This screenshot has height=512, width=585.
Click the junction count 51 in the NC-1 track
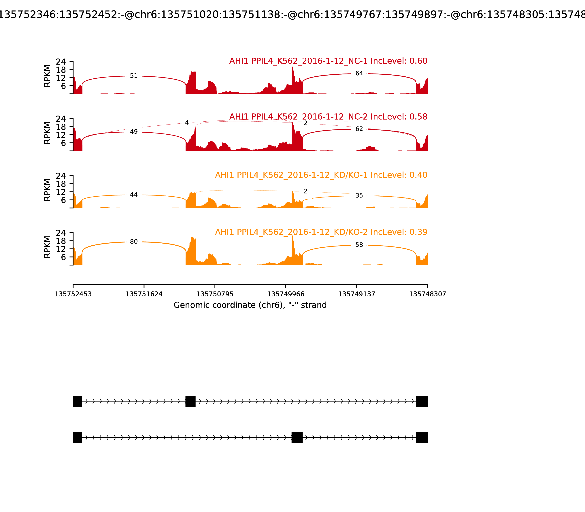pos(134,76)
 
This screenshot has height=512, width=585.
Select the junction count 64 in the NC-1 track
pos(359,74)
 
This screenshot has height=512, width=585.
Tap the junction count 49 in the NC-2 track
pos(134,132)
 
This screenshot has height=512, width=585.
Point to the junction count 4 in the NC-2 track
pos(187,123)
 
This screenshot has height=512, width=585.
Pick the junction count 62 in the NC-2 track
pos(359,129)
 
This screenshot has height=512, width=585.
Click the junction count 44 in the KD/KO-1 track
pos(134,195)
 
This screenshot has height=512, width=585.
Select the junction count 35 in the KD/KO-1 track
pos(359,195)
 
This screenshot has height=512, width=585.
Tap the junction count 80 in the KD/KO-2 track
pos(134,242)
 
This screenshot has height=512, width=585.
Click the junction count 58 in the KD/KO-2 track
pos(359,245)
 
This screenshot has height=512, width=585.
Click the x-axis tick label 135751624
pos(144,294)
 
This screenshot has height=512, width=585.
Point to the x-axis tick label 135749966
pos(286,294)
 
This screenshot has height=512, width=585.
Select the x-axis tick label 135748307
pos(427,294)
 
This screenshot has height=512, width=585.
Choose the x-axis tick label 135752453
pos(73,294)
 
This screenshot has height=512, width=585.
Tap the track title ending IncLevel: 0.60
pos(328,61)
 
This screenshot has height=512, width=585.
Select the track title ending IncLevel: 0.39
pos(321,232)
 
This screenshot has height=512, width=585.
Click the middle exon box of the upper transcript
pos(190,401)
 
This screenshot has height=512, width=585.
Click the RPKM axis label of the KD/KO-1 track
pos(47,190)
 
